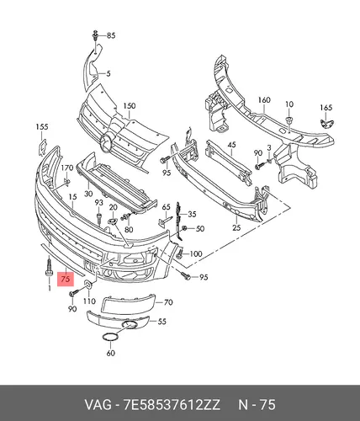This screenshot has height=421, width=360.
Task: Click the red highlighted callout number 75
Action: (x=66, y=279)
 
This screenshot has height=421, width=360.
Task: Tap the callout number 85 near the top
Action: (x=111, y=35)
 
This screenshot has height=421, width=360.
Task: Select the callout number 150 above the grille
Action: (x=130, y=106)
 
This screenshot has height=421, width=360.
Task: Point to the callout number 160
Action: (x=264, y=100)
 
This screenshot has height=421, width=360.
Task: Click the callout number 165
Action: (x=326, y=108)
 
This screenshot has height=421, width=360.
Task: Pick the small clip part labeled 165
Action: (x=326, y=123)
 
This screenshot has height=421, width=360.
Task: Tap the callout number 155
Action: (x=42, y=127)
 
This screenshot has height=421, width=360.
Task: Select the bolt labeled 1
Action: (x=49, y=268)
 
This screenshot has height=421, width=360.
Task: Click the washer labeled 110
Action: (x=88, y=285)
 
